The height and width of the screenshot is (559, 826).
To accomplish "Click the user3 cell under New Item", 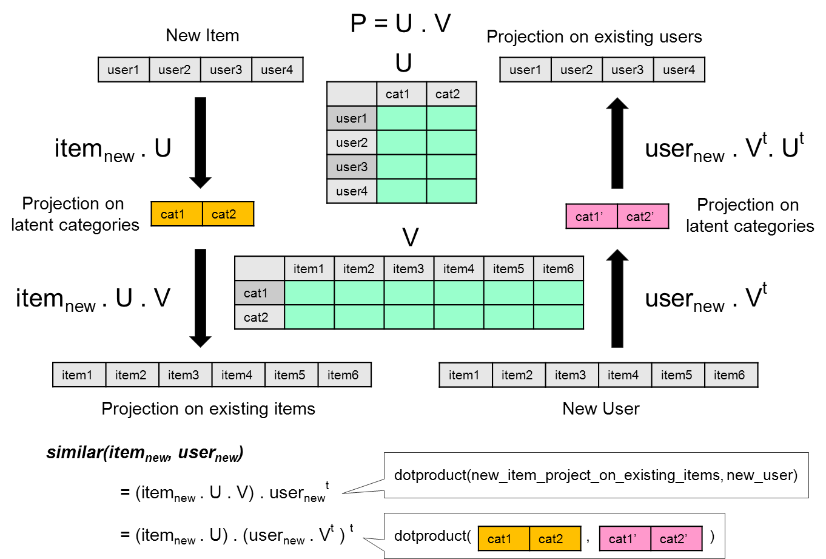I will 226,70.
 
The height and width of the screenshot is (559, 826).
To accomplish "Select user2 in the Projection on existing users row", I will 576,70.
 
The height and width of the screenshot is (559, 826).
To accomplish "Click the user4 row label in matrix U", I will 352,191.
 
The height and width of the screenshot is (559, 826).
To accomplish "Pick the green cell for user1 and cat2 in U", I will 451,118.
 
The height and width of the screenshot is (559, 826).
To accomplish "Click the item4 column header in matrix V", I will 458,269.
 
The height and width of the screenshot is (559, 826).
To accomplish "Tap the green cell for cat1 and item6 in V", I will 558,293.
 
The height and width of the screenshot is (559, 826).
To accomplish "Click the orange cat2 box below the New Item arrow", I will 227,214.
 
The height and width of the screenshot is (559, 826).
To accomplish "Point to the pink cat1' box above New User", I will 591,217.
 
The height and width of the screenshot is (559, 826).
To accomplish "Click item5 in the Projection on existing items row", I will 290,375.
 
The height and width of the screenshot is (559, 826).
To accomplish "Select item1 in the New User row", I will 465,375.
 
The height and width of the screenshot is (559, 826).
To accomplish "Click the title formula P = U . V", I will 400,24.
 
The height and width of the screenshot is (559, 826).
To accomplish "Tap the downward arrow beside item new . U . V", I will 200,297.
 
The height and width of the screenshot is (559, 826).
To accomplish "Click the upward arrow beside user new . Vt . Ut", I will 617,143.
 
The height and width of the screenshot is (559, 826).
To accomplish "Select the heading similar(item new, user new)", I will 144,453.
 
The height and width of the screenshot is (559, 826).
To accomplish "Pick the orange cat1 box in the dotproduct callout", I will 503,538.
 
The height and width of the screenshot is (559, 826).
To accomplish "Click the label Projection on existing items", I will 208,408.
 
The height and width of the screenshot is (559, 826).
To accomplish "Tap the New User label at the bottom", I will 600,408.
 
